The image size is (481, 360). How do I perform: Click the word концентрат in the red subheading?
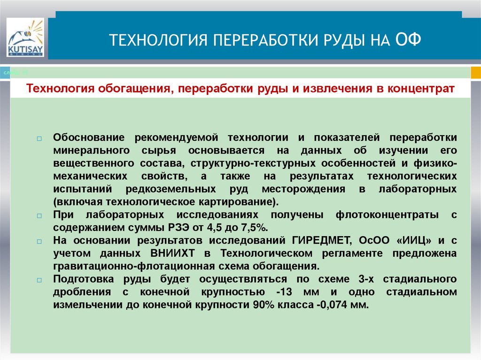pyautogui.click(x=421, y=89)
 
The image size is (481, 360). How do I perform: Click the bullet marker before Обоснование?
pyautogui.click(x=39, y=139)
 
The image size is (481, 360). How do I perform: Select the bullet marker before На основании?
pyautogui.click(x=39, y=241)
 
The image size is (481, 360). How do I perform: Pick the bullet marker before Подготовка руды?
pyautogui.click(x=39, y=280)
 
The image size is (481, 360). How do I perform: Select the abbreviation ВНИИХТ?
pyautogui.click(x=177, y=253)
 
